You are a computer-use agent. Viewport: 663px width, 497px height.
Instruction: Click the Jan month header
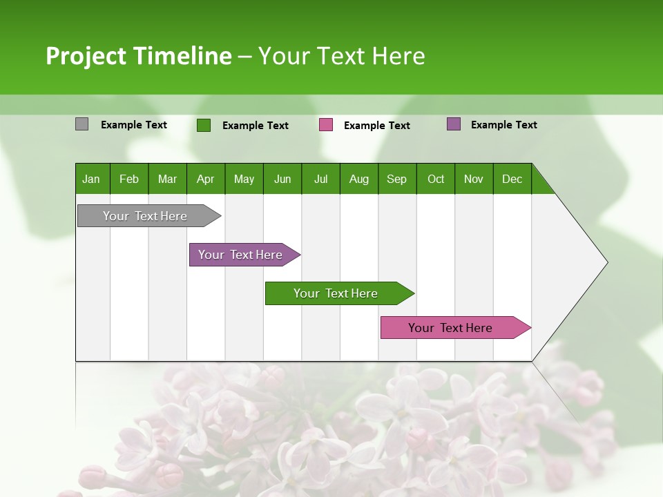tap(92, 179)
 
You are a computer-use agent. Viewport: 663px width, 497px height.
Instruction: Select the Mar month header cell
tap(167, 179)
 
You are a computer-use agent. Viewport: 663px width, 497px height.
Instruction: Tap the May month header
tap(244, 179)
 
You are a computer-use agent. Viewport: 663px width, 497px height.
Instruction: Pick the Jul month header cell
tap(320, 179)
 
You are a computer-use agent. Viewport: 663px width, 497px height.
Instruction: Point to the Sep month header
tap(396, 179)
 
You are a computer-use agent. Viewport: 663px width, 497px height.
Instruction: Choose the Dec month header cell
tap(512, 179)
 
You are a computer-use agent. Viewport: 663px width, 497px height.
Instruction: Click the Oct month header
tap(436, 179)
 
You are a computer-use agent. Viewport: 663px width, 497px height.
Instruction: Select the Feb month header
tap(129, 179)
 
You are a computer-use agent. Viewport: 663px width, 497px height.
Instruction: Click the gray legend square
tap(81, 124)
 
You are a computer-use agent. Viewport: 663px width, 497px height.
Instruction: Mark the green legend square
tap(204, 125)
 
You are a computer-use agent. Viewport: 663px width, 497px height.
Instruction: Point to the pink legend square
tap(326, 125)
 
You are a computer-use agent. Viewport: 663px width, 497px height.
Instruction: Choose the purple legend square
tap(454, 124)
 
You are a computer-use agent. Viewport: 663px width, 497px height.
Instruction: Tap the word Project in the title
tap(86, 56)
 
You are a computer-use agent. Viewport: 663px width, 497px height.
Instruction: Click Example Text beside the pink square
tap(376, 126)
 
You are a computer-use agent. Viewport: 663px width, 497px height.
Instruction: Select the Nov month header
tap(474, 179)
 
